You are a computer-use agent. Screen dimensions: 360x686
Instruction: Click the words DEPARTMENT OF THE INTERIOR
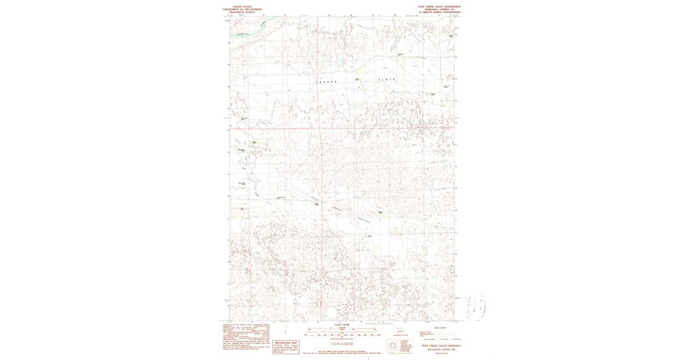pos(242,9)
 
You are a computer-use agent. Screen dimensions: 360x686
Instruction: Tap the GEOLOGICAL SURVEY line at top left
pos(242,12)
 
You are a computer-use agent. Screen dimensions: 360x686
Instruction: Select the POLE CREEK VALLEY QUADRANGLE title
pos(439,6)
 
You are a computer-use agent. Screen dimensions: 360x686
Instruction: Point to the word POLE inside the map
pos(314,198)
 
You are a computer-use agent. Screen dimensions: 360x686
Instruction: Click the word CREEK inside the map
pos(338,209)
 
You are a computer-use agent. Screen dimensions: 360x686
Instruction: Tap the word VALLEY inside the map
pos(364,219)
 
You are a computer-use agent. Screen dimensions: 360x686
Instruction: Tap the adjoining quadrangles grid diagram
pos(393,347)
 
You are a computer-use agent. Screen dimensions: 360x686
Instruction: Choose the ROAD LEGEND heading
pos(440,328)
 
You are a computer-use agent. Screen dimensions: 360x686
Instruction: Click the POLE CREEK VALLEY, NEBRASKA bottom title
pos(441,345)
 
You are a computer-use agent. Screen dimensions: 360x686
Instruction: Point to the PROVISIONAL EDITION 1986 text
pos(441,349)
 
